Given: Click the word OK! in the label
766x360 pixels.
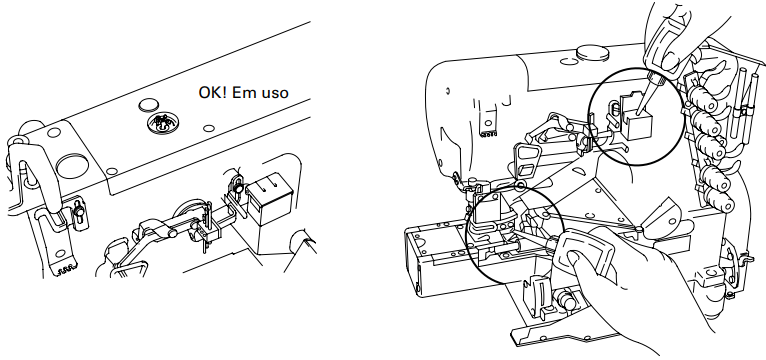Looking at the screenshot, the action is pos(213,92).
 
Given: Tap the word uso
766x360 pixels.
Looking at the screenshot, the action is pos(273,93).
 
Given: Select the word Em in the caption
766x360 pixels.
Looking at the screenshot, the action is pos(243,92).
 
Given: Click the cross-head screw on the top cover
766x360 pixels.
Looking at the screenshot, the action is pos(163,122).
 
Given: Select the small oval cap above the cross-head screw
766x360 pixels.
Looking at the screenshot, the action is pos(149,105).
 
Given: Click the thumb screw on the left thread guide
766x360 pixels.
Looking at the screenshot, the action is pos(79,212).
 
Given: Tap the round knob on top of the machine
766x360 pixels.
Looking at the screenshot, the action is pos(593,52).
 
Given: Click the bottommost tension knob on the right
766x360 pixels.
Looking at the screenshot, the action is pos(716,200).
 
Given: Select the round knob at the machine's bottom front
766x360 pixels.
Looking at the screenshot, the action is pos(565,301).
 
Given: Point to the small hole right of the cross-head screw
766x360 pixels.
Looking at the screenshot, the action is pos(209,128).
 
